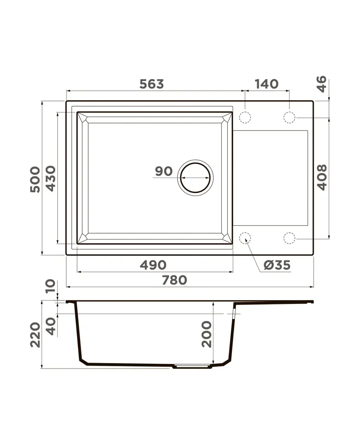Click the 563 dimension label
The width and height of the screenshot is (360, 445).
(152, 84)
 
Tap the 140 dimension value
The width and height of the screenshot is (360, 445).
(266, 84)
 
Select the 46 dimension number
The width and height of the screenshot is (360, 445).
(322, 84)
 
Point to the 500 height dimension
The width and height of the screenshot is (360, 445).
(35, 179)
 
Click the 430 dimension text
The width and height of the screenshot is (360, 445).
(51, 179)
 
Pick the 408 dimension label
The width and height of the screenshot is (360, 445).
(322, 178)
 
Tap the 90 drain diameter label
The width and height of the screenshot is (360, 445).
(164, 171)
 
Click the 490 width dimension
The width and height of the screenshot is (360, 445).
(153, 265)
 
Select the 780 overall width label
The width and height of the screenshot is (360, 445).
(175, 280)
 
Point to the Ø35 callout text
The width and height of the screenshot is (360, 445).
(277, 265)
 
